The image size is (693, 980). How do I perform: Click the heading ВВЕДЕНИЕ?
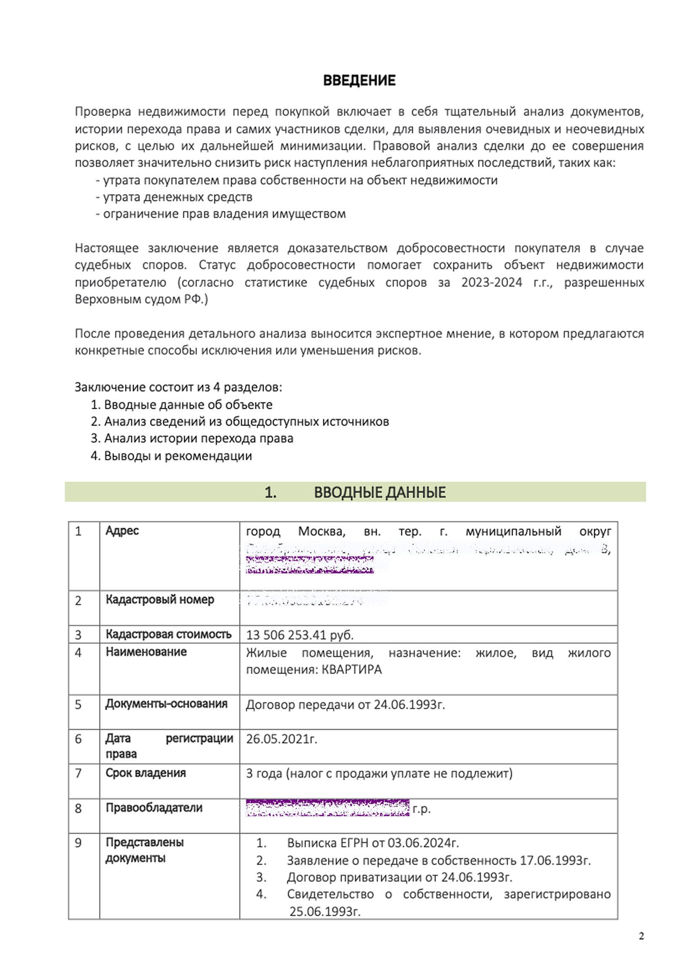coord(359,80)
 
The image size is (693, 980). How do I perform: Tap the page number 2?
coord(641,936)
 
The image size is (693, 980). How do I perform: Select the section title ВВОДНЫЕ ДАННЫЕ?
coord(379,492)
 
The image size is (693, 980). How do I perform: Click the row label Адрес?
coord(122,530)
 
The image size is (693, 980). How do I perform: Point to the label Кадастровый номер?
coord(160,599)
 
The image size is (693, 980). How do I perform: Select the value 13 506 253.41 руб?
coord(299,635)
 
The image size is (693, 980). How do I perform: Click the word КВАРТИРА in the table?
coord(351,669)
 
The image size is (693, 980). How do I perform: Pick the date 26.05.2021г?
coord(281,739)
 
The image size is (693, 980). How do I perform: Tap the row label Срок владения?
coord(145,773)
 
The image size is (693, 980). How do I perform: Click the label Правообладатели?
coord(154,807)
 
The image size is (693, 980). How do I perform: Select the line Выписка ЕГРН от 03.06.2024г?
coord(372,843)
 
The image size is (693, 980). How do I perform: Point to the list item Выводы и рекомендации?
coord(178,456)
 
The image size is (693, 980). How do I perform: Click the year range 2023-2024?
coord(491,282)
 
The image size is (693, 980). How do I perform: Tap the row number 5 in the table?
coord(78,704)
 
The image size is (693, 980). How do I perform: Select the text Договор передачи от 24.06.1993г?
coord(345,704)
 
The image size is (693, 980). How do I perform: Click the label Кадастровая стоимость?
coord(168,634)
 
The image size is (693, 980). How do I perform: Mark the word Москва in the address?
coord(321,531)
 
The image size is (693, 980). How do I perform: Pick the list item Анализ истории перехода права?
coord(199,438)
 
